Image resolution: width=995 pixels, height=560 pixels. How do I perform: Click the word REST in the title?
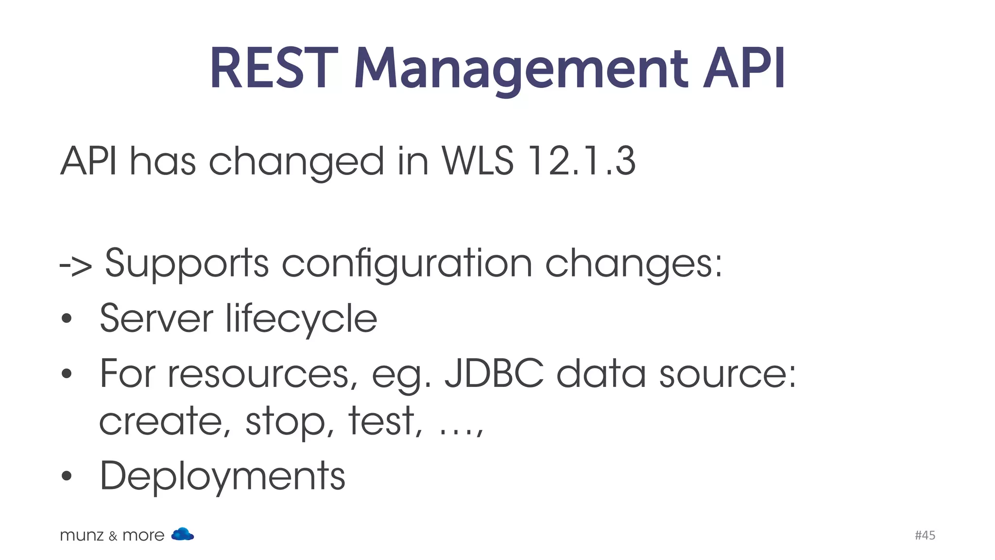[273, 69]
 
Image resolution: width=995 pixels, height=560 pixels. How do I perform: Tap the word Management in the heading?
[521, 69]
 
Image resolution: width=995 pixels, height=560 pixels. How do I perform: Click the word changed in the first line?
[296, 162]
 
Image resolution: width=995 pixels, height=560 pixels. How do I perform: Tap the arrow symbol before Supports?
[76, 265]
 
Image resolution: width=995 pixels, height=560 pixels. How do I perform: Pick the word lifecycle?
[301, 318]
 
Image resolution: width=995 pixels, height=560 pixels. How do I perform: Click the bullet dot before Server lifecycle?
[67, 319]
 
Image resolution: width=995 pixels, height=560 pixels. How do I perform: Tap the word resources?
[258, 374]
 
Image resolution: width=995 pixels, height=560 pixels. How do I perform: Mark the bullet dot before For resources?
[67, 374]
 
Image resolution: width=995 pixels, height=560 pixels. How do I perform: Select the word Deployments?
[223, 476]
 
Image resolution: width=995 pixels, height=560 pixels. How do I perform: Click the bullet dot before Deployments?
[67, 476]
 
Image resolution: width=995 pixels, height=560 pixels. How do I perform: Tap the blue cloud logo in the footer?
[183, 534]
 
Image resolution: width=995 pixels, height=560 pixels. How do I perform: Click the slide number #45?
[925, 535]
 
